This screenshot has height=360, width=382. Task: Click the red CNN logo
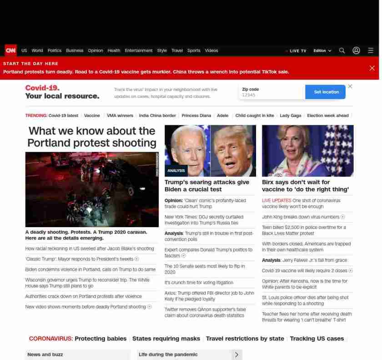(x=10, y=51)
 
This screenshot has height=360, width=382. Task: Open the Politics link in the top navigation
(x=55, y=51)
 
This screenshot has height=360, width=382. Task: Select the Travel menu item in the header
(x=177, y=51)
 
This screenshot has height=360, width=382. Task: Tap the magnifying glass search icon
(x=342, y=51)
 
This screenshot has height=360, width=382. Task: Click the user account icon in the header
(x=357, y=51)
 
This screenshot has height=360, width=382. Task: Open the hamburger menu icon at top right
(x=371, y=51)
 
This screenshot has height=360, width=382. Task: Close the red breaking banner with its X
(x=372, y=68)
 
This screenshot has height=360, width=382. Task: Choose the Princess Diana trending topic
(x=196, y=116)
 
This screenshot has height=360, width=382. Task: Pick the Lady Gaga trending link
(x=290, y=116)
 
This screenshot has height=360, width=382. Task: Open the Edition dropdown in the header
(x=322, y=51)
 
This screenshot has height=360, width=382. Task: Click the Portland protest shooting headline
(x=92, y=137)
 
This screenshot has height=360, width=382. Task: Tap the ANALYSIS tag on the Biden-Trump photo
(x=176, y=171)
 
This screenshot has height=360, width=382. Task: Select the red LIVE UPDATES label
(x=276, y=200)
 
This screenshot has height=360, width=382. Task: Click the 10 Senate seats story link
(x=204, y=269)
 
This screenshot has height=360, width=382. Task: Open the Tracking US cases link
(x=317, y=339)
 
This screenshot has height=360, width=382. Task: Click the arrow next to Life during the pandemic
(x=236, y=355)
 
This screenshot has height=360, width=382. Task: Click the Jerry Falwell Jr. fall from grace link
(x=304, y=260)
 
